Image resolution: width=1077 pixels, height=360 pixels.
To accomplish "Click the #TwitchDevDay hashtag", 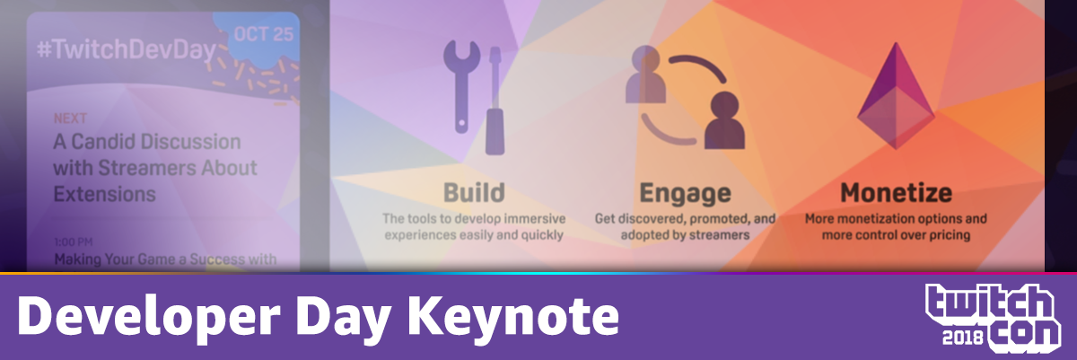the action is pyautogui.click(x=127, y=51).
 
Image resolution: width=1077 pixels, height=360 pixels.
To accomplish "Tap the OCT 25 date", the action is pyautogui.click(x=264, y=34).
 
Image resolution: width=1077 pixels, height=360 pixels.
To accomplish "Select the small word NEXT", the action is pyautogui.click(x=70, y=119).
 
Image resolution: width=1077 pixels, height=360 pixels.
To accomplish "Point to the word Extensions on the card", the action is pyautogui.click(x=104, y=194).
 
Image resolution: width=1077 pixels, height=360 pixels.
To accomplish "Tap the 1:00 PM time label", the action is pyautogui.click(x=73, y=241).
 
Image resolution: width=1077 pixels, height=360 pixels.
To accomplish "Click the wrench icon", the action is pyautogui.click(x=461, y=86).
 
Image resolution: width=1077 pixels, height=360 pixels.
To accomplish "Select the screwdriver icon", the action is pyautogui.click(x=495, y=101).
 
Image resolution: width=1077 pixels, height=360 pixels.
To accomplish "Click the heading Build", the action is pyautogui.click(x=474, y=193).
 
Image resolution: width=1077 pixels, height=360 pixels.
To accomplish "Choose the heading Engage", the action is pyautogui.click(x=685, y=194).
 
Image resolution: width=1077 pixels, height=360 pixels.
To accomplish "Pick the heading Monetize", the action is pyautogui.click(x=896, y=193).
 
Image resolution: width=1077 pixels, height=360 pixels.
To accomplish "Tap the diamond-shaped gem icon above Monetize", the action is pyautogui.click(x=896, y=96).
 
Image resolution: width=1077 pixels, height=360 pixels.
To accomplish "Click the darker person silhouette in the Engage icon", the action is pyautogui.click(x=724, y=121).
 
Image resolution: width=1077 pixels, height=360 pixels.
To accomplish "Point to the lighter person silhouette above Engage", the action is pyautogui.click(x=645, y=74).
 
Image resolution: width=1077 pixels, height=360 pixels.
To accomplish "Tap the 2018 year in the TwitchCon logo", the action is pyautogui.click(x=962, y=338).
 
